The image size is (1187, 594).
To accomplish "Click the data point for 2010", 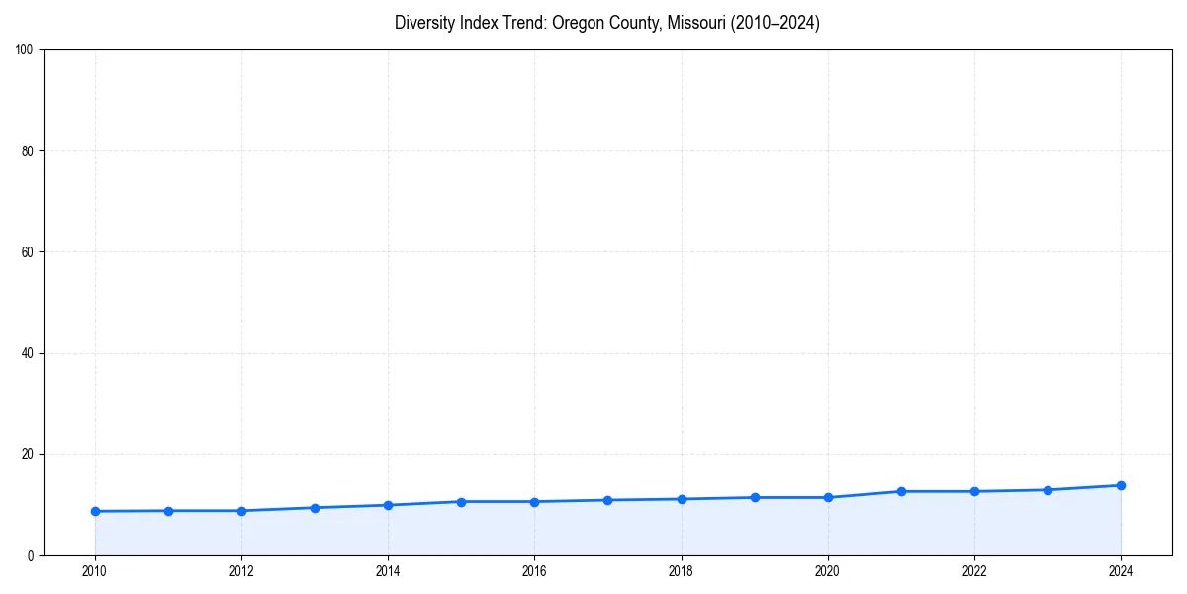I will [x=95, y=511].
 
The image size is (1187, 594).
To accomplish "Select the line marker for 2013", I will [x=315, y=508].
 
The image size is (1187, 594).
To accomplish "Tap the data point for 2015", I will [x=461, y=502].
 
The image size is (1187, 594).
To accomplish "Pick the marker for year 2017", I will [x=607, y=500].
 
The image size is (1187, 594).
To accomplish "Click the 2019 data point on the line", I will [x=755, y=497].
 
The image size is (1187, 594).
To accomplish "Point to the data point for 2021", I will [x=901, y=491].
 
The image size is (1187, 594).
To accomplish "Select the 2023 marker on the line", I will [x=1048, y=490].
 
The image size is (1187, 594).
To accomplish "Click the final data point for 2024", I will [x=1121, y=485].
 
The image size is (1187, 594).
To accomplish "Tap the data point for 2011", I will [x=168, y=511].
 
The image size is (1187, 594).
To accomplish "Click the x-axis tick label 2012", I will [x=241, y=571].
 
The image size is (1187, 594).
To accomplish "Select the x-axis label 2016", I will [x=534, y=571].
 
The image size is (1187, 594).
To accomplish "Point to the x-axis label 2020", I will [x=828, y=571].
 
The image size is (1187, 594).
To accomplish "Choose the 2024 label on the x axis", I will [x=1121, y=571].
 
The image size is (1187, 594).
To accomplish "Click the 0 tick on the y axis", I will [x=32, y=555].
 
